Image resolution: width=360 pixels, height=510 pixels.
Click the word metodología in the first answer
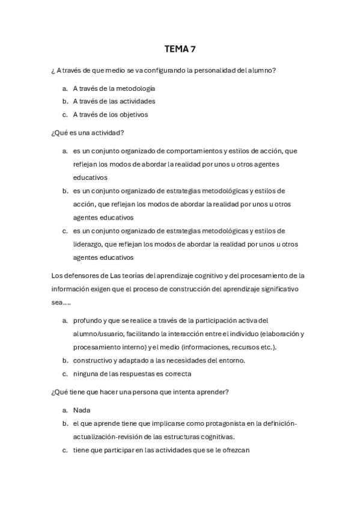coord(136,88)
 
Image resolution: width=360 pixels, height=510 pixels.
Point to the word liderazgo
coord(88,244)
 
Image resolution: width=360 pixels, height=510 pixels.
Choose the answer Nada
coord(82,410)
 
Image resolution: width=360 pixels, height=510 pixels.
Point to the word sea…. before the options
coord(61,303)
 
